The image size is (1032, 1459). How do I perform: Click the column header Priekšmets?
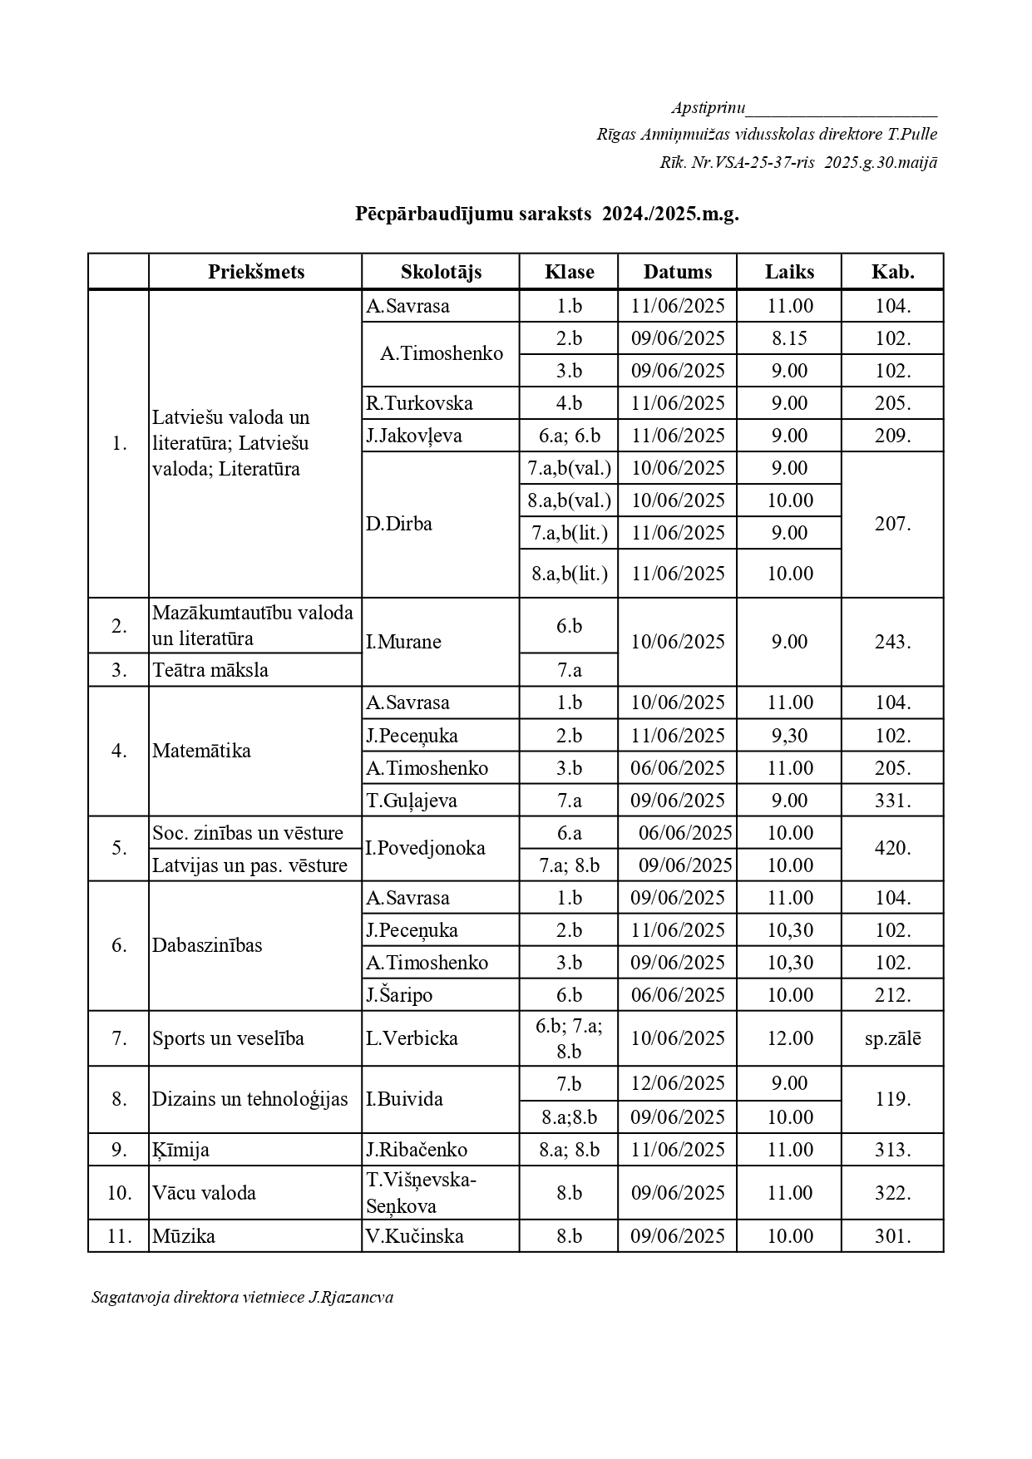[x=256, y=272]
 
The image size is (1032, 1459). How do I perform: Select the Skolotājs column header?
[x=441, y=272]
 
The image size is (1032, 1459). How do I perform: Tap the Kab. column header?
[x=892, y=272]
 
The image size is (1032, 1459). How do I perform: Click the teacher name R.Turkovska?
[x=419, y=403]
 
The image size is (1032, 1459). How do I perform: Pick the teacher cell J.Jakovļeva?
[x=414, y=436]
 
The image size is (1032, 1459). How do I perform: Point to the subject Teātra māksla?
[x=210, y=670]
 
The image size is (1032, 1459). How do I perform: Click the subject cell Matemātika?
[x=201, y=751]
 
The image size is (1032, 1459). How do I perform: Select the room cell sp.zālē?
[x=892, y=1038]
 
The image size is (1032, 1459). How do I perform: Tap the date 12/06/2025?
[x=678, y=1083]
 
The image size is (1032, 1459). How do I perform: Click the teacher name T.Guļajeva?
[x=412, y=801]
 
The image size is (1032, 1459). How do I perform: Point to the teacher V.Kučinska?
[x=415, y=1236]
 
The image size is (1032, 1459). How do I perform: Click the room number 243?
[x=892, y=642]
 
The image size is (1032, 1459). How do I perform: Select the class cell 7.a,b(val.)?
[x=570, y=468]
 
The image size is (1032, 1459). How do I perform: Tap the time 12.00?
[x=789, y=1038]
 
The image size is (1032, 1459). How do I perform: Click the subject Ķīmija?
[x=180, y=1150]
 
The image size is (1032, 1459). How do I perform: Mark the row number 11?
[x=119, y=1236]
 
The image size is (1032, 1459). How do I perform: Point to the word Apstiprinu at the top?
[x=709, y=108]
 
